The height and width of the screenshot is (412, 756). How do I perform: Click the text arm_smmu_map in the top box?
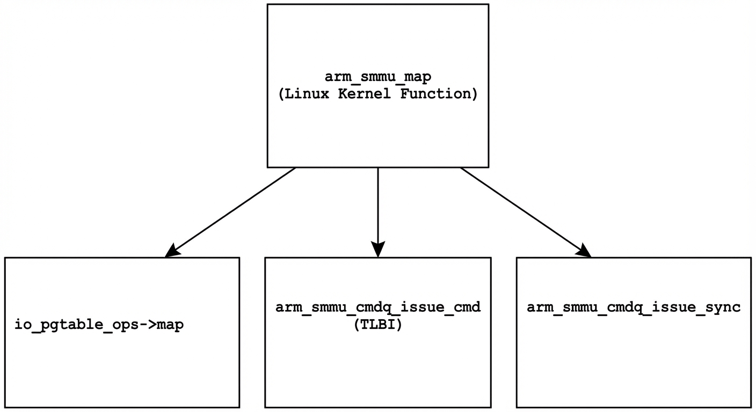point(377,77)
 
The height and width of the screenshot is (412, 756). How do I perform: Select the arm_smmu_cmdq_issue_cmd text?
point(377,308)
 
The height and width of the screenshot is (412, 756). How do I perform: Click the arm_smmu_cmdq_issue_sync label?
point(634,308)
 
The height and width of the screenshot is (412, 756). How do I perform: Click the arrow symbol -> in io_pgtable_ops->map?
point(147,325)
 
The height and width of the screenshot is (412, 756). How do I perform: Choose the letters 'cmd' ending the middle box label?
point(467,308)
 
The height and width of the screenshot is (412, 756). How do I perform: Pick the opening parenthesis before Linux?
point(281,94)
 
